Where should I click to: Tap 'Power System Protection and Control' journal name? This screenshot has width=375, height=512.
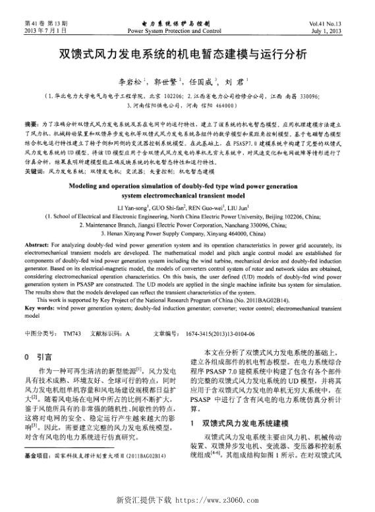point(175,31)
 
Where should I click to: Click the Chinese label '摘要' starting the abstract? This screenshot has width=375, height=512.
point(31,124)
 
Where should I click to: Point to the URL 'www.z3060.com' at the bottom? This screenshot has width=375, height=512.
point(222,499)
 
